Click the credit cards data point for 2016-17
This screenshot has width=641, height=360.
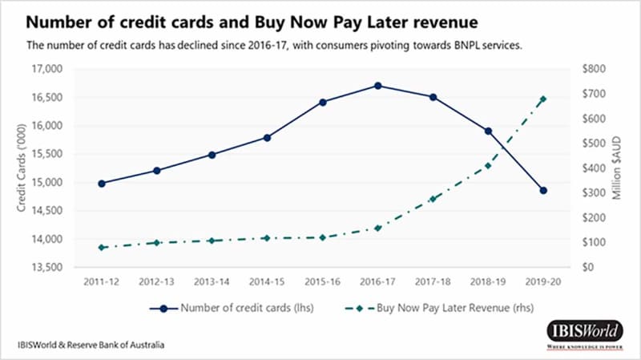pos(377,86)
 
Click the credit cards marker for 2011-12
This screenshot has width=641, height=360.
pos(102,184)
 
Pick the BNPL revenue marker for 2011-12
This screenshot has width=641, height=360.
pos(102,248)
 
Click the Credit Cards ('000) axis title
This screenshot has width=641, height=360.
pos(21,168)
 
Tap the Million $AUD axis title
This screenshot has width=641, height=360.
pos(617,168)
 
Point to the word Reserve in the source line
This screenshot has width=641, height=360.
pos(95,345)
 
